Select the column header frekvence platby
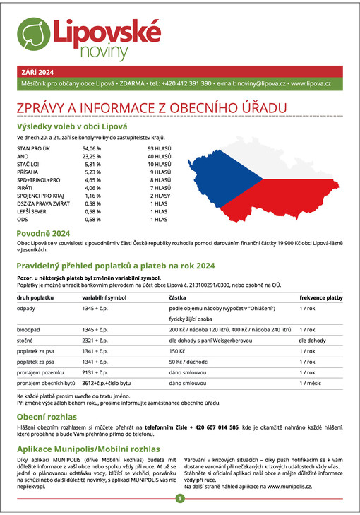tap(320, 298)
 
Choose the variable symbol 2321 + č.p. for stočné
tap(99, 341)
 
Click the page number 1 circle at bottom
tap(180, 499)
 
